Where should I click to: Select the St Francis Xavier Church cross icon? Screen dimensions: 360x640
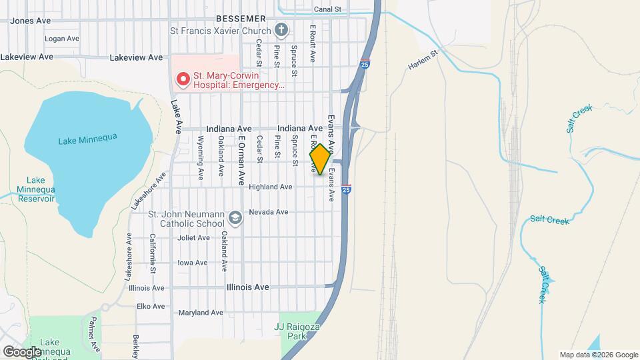pos(281,30)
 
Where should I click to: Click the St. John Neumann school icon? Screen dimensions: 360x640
pos(235,218)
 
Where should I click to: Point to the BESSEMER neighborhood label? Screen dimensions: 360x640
pos(241,18)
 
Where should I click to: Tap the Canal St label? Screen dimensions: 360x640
pos(327,9)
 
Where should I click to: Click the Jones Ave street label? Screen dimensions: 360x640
pos(31,21)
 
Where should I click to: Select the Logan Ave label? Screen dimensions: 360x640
pos(61,39)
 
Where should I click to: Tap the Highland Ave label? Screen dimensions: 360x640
pos(270,187)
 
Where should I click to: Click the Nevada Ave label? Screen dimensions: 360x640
pos(268,212)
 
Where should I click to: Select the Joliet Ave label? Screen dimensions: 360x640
pos(194,238)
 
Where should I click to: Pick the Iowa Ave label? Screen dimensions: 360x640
pos(193,263)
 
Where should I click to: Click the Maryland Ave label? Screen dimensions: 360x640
pos(200,313)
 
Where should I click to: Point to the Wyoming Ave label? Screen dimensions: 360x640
pos(201,157)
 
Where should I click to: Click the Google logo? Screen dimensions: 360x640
pos(22,351)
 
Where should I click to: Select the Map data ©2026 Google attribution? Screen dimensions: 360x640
pos(599,355)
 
